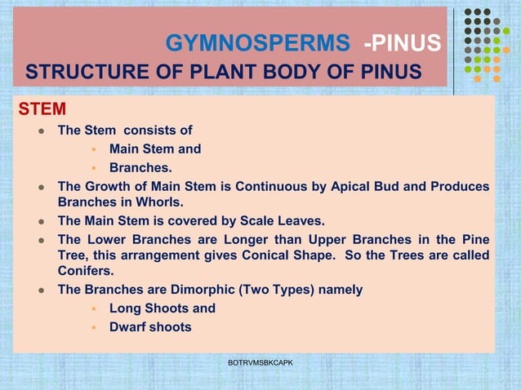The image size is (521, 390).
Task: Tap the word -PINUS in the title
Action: [x=403, y=43]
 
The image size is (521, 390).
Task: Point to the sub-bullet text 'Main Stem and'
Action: [x=155, y=148]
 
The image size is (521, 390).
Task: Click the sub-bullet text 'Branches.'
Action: [x=140, y=168]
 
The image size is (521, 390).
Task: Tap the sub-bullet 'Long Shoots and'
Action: [x=163, y=308]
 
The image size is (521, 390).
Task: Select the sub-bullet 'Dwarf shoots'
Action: [x=150, y=327]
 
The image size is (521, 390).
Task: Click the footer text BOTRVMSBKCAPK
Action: [x=260, y=361]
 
